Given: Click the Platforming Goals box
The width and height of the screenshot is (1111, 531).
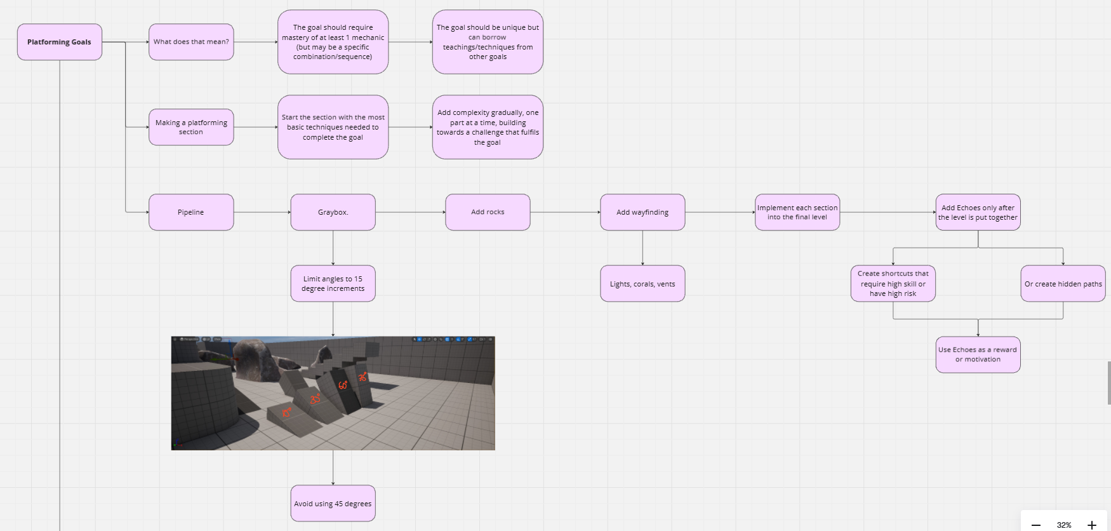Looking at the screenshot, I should click(x=60, y=42).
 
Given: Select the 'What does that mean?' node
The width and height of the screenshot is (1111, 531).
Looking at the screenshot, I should click(x=191, y=42).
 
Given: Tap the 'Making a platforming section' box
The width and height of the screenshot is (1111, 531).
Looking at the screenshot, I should click(x=191, y=127).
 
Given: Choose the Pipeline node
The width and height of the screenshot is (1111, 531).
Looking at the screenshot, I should click(x=191, y=212).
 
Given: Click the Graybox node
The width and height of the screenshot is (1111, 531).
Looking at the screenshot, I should click(x=333, y=212).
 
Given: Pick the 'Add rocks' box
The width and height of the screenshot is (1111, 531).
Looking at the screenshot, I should click(x=488, y=212).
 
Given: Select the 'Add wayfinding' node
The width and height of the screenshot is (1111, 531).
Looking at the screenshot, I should click(x=642, y=212).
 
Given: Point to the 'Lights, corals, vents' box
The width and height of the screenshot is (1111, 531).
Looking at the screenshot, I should click(x=642, y=284).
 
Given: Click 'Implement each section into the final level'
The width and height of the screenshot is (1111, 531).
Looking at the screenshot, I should click(x=797, y=212).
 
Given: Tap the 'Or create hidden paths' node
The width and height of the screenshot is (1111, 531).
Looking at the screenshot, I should click(x=1063, y=284).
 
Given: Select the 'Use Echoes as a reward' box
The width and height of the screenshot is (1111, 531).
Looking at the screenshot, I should click(x=978, y=354).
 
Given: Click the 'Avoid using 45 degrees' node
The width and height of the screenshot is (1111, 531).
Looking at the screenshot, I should click(x=333, y=504).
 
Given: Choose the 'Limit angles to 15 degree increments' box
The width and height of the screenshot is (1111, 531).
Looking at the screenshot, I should click(x=333, y=283).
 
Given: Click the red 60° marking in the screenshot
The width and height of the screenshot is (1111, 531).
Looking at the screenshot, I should click(x=343, y=386).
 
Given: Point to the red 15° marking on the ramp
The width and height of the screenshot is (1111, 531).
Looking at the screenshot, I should click(x=287, y=412).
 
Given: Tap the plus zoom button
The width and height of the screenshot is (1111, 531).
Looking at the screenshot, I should click(x=1092, y=525).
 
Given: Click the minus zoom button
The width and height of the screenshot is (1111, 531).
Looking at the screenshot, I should click(x=1036, y=525).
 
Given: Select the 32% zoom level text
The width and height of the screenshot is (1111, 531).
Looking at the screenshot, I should click(x=1064, y=525).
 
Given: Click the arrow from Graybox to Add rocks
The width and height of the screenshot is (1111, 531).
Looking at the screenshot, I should click(x=410, y=212).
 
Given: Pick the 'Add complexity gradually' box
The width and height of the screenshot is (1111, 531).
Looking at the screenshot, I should click(x=488, y=127).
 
